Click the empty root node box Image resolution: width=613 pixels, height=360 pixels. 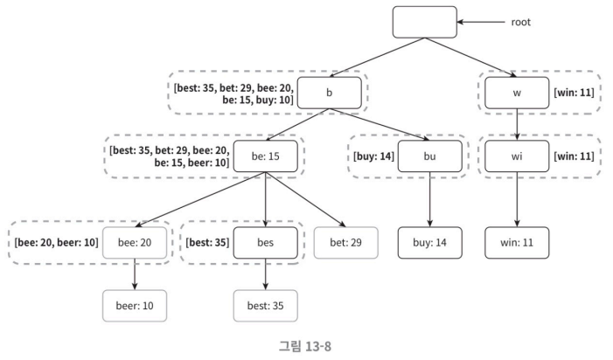tap(425, 22)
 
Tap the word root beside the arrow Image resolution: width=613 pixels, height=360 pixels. tap(520, 22)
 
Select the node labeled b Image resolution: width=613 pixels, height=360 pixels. tap(329, 93)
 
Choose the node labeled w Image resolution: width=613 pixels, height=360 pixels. tap(517, 93)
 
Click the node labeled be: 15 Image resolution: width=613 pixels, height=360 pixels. tap(266, 156)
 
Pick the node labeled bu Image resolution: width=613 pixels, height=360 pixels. tap(430, 156)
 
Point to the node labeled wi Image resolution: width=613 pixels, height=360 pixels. tap(517, 156)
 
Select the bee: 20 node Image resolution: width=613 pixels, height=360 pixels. tap(135, 242)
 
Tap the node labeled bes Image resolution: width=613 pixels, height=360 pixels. tap(266, 242)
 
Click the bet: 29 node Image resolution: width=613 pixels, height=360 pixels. tap(346, 242)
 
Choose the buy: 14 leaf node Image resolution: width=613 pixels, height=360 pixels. tap(430, 242)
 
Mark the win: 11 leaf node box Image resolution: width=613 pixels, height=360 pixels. tap(517, 242)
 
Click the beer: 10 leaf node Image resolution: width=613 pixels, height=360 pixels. tap(135, 306)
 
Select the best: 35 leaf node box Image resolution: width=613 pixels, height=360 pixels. tap(266, 306)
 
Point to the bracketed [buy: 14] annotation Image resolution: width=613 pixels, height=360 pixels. tap(373, 156)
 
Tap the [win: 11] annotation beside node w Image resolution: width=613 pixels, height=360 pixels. tap(574, 93)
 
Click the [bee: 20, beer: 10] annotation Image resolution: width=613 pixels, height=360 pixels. tap(56, 242)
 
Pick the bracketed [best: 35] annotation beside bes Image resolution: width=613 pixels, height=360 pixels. tap(207, 242)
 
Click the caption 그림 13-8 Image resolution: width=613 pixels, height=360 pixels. tap(305, 346)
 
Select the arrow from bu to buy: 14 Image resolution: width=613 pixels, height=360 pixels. tap(430, 199)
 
